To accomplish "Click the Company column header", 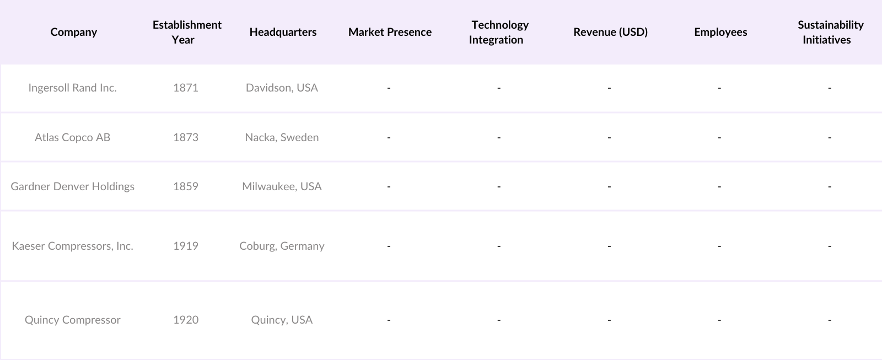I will click(73, 32).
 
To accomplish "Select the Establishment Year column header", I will click(186, 32).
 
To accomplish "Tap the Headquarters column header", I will click(283, 32).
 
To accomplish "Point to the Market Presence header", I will click(390, 32).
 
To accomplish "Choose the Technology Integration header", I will click(499, 32).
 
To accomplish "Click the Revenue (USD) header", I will click(610, 32).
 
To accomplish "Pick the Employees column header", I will click(720, 32).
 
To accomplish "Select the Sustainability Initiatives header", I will click(830, 32).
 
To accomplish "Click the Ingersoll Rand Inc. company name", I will click(72, 88).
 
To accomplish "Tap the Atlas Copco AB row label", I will click(72, 137).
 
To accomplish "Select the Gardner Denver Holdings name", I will click(72, 186).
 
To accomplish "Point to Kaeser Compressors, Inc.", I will click(72, 246).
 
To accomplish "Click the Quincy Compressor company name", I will click(72, 320).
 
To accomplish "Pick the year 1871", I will click(185, 88).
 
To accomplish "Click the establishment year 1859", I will click(185, 186).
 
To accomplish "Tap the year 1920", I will click(185, 320).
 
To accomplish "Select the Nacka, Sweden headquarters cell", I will click(282, 137).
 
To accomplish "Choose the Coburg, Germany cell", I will click(282, 246).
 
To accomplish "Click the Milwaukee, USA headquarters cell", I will click(282, 186).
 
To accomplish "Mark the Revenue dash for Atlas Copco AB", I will click(609, 137).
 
